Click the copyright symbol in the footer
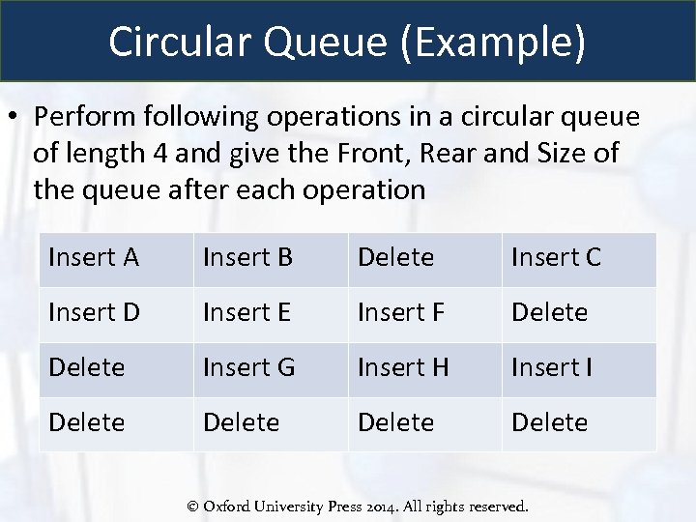[x=192, y=506]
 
